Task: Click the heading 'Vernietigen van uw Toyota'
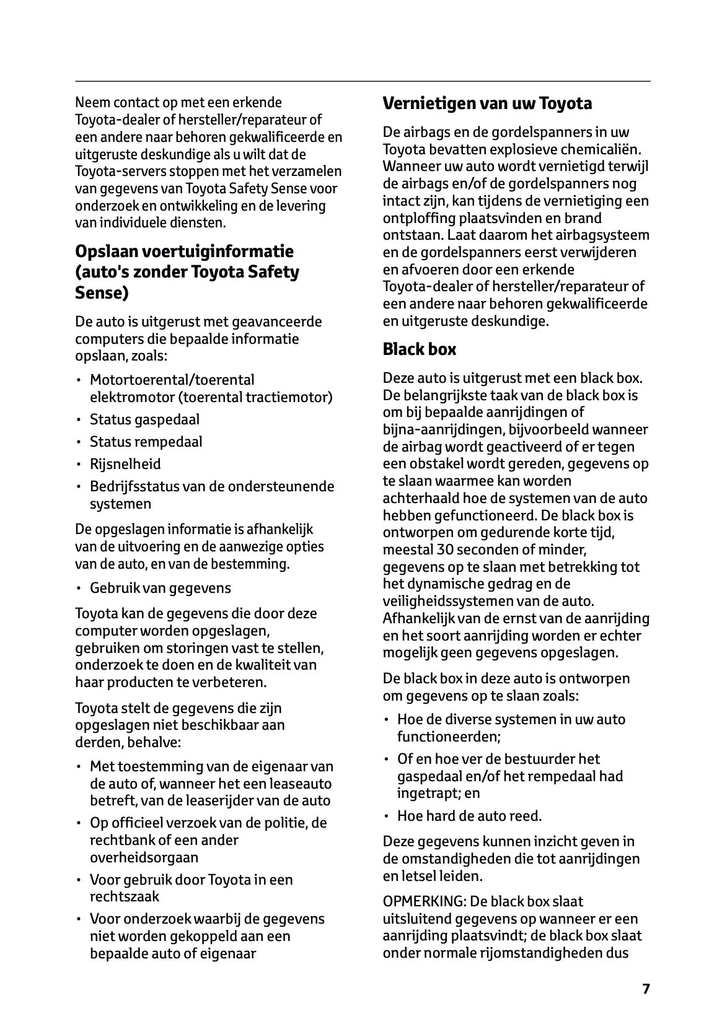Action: [487, 103]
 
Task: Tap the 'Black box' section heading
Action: [419, 349]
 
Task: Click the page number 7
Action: [646, 989]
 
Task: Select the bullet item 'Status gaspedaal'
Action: [144, 419]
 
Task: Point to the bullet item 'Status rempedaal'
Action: [146, 442]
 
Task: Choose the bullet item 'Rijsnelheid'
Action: [125, 464]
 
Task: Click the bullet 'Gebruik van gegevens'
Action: [160, 588]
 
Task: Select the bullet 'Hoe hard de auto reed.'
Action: [469, 816]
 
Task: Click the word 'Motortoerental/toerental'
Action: [172, 380]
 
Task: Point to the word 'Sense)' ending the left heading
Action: [102, 293]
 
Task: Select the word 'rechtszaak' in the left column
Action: [124, 896]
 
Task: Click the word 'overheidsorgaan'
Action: [144, 857]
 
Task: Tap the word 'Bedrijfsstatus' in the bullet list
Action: [134, 486]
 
